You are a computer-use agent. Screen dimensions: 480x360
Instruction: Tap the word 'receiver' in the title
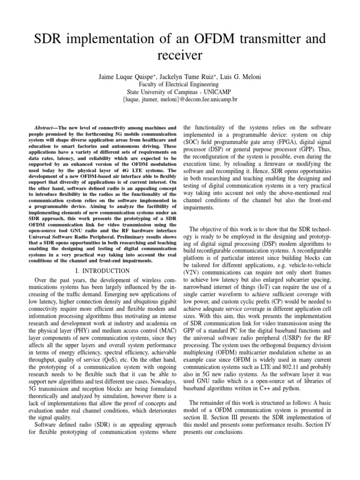tap(180, 56)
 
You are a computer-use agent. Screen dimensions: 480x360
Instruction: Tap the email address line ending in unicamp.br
tap(180, 100)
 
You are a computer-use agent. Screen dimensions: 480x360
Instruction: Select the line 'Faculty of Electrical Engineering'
tap(180, 83)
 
